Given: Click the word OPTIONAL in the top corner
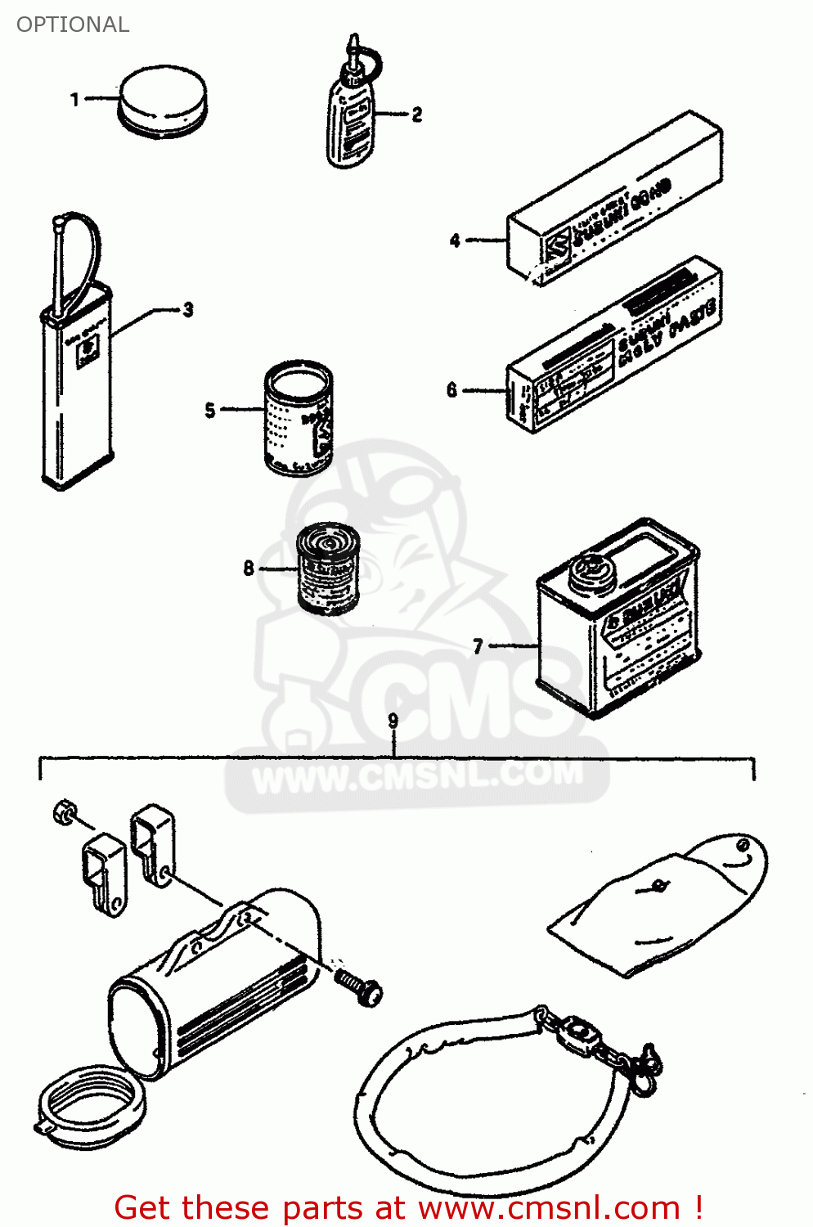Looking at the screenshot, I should pyautogui.click(x=73, y=25).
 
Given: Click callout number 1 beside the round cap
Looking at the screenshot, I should pyautogui.click(x=75, y=100).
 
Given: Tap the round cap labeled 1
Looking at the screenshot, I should pyautogui.click(x=162, y=102).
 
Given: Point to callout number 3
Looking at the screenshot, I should pyautogui.click(x=188, y=310).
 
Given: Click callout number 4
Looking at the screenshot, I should pyautogui.click(x=455, y=240).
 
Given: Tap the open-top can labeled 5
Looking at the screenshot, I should pyautogui.click(x=299, y=417).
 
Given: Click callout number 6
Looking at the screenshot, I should pyautogui.click(x=451, y=390).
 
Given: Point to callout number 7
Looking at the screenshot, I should pyautogui.click(x=478, y=646).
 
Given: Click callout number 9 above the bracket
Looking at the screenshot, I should pyautogui.click(x=393, y=720).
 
